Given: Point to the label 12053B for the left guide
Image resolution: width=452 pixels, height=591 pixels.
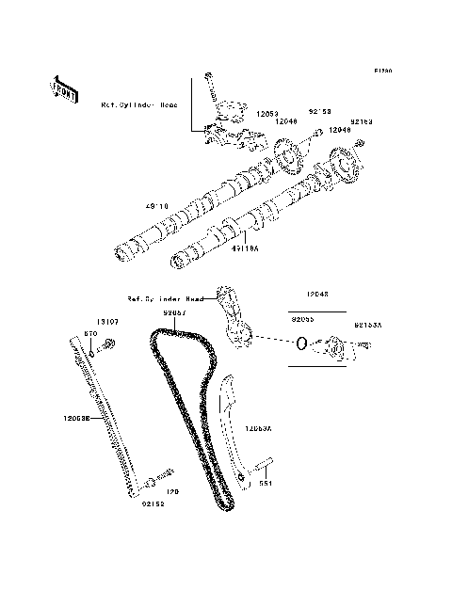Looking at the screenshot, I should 76,421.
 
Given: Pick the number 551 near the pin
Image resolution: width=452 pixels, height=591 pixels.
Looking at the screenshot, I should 266,484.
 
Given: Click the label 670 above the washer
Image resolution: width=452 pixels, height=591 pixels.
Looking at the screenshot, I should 91,333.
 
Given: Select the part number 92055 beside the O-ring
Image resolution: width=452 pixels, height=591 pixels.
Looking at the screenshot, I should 302,319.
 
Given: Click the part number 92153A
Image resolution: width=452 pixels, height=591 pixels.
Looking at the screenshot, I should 368,325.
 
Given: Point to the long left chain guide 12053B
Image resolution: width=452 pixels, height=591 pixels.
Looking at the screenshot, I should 108,414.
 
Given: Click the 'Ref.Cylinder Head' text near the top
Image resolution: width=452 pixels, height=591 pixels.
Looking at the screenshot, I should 138,105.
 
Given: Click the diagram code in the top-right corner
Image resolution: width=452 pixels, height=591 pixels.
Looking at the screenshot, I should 381,71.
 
